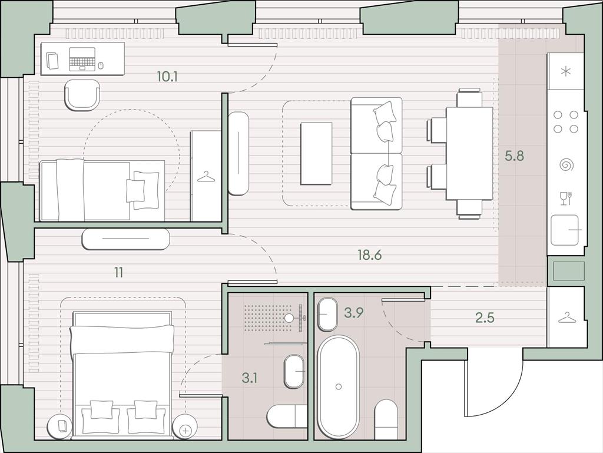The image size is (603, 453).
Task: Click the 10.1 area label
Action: (167, 77)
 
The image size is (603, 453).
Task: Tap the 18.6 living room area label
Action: (370, 254)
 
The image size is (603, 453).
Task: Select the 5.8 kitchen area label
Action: (514, 156)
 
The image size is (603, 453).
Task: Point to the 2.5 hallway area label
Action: (485, 318)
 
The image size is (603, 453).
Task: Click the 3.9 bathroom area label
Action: (353, 313)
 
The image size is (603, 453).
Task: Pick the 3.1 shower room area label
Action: (250, 378)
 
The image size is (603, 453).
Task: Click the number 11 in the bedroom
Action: (119, 273)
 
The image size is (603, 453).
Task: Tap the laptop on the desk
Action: (82, 59)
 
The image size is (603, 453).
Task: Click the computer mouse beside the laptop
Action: (101, 65)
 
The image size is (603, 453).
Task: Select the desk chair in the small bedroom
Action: (81, 95)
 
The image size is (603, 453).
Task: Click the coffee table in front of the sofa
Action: (316, 154)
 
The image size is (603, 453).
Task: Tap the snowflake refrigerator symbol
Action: (566, 71)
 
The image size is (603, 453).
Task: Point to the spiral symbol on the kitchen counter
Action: (566, 165)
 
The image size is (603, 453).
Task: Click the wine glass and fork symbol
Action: (566, 199)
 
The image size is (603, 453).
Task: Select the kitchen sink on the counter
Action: (565, 230)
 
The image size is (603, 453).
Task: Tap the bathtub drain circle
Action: (339, 386)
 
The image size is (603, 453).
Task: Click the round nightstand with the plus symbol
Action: (185, 428)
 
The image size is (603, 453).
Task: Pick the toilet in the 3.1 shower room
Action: (287, 416)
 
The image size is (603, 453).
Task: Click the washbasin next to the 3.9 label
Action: (327, 314)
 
